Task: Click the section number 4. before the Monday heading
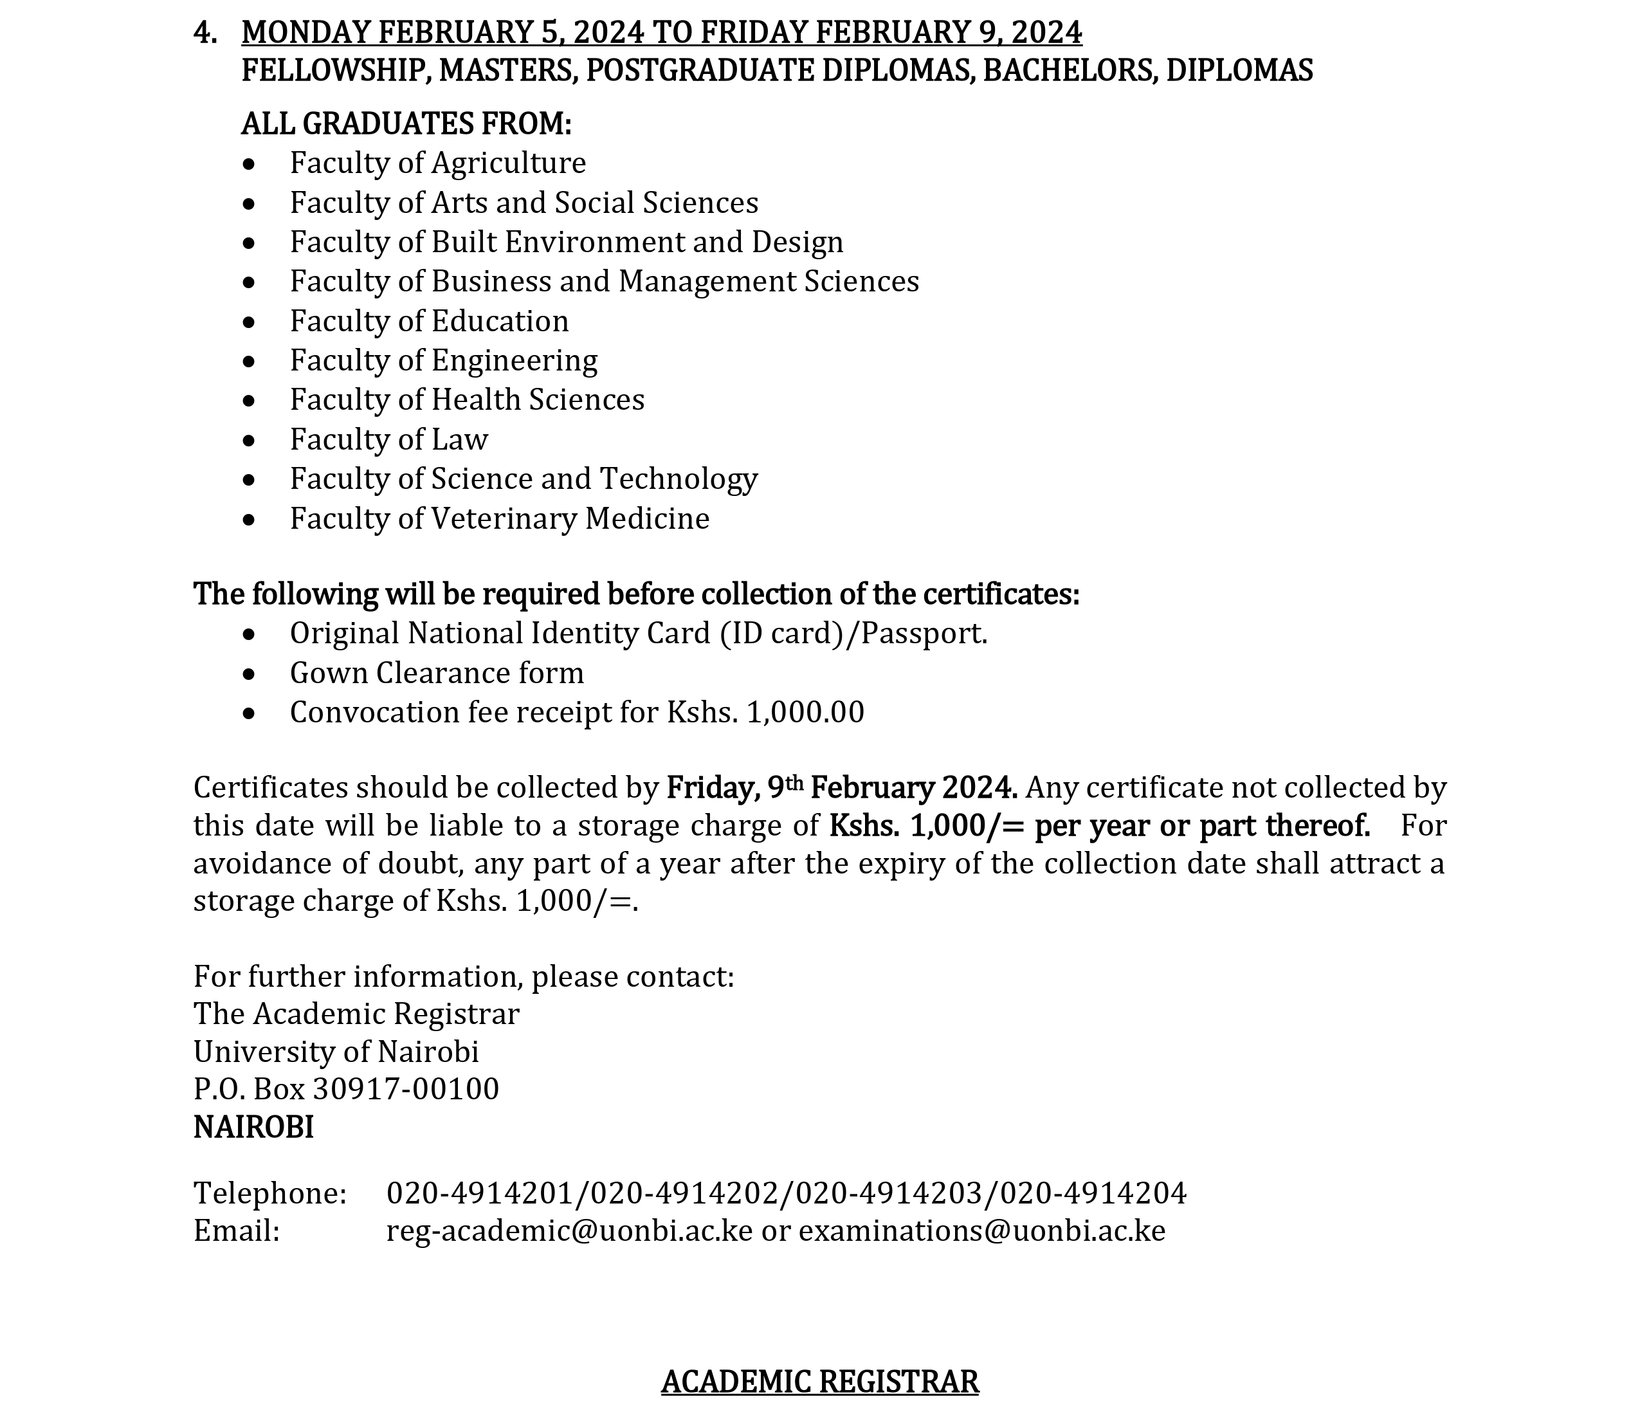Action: point(205,32)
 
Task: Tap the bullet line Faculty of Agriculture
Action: point(438,163)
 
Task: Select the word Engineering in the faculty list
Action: point(515,361)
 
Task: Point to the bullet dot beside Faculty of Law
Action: point(250,440)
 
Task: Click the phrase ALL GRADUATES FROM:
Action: point(406,124)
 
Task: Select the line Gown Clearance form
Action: point(436,673)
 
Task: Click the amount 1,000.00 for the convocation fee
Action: point(805,713)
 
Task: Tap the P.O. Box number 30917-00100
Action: point(406,1090)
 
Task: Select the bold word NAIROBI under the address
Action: point(253,1128)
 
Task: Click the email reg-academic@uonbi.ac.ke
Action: point(569,1231)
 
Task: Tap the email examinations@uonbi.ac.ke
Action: point(981,1231)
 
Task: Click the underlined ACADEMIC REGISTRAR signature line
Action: point(820,1382)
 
